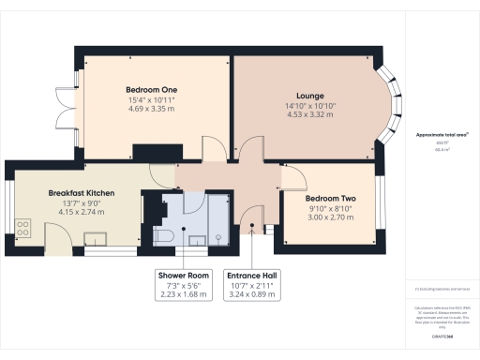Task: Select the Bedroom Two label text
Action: tap(331, 199)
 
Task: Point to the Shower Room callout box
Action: tap(184, 285)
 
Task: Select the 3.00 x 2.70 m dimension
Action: tap(331, 217)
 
